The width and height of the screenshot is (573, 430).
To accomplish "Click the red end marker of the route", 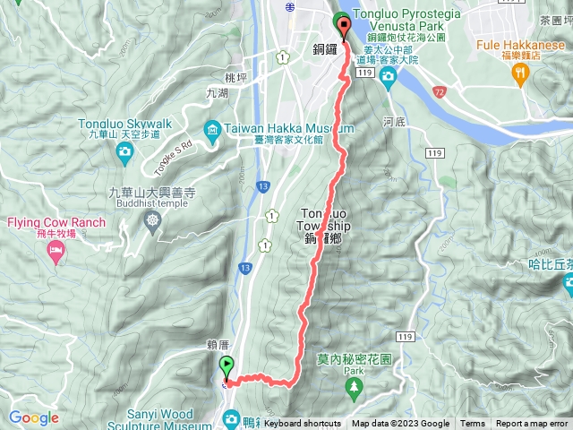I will click(x=341, y=23).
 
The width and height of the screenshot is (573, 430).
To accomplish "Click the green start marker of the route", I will click(x=226, y=366).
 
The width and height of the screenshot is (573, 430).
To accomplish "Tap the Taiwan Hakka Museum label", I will click(x=272, y=129).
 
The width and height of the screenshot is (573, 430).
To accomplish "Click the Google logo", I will click(x=33, y=417).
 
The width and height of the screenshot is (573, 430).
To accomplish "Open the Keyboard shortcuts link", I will click(x=302, y=424).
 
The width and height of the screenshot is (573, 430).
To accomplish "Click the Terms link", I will click(x=473, y=424).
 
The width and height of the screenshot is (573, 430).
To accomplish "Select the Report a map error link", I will click(x=534, y=424).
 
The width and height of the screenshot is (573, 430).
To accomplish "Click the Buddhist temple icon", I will click(x=154, y=219).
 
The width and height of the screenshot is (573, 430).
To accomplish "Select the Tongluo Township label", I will click(x=324, y=225).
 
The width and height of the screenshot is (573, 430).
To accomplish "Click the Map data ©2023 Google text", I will click(x=400, y=424).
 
